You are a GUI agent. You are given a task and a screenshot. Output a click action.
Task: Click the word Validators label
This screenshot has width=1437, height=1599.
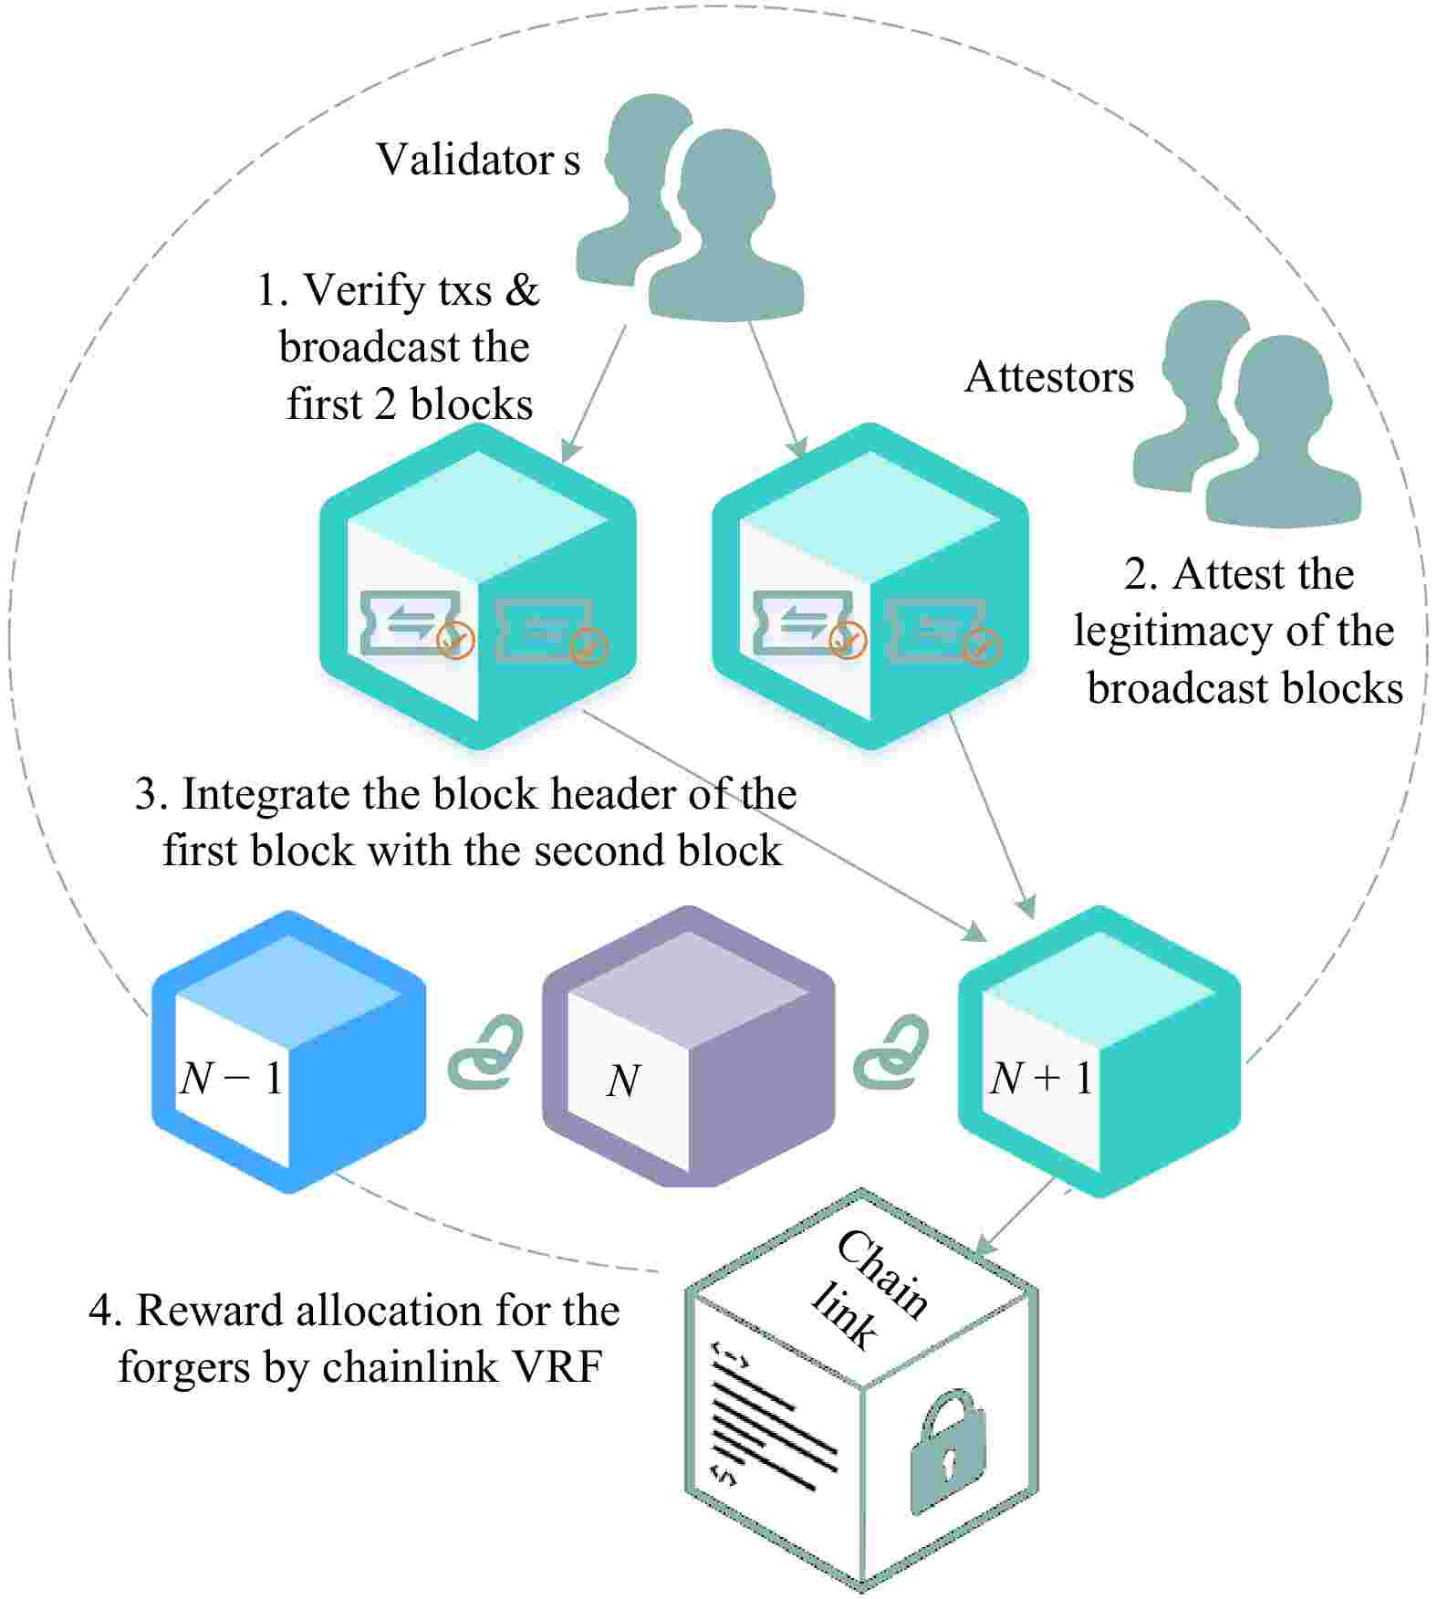pos(477,160)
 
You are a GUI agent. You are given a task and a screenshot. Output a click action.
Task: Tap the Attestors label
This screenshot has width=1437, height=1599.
pos(1048,377)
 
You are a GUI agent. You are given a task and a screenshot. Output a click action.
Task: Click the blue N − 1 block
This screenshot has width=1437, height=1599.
pos(288,1051)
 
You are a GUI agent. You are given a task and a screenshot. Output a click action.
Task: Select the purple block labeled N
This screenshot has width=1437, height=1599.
pos(688,1050)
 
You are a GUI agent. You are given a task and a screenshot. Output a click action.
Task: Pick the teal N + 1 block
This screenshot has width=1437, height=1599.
pos(1099,1051)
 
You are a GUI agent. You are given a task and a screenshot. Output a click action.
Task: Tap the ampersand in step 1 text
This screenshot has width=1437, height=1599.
pos(522,290)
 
